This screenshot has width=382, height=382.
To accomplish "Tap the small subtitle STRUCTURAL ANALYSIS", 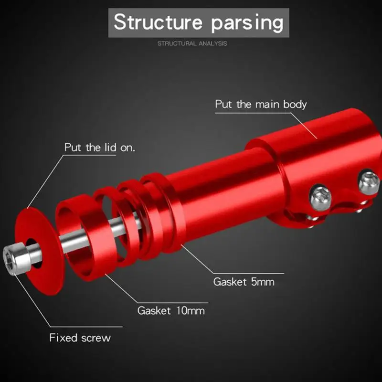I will coord(192,43).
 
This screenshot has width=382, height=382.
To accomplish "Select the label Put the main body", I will coord(261,104).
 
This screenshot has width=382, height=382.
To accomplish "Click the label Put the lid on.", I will coord(100,148).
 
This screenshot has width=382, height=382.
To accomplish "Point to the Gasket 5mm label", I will coord(244,281).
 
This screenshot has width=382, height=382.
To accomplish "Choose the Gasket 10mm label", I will coord(171,310).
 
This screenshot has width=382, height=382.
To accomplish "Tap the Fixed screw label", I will coord(80,338).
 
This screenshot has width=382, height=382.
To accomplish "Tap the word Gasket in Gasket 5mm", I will coord(229,281).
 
